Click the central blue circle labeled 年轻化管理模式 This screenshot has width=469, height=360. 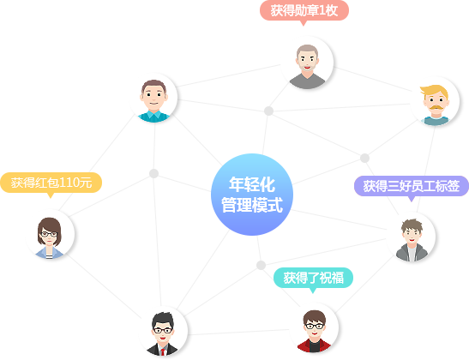tap(252, 195)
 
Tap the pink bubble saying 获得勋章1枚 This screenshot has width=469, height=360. tap(304, 11)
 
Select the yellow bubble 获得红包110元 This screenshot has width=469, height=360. tap(51, 183)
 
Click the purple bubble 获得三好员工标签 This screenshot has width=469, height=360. tap(412, 186)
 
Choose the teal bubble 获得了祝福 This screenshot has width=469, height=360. tap(313, 278)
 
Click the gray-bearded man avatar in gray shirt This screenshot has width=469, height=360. tap(307, 63)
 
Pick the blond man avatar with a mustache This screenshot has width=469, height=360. tap(435, 102)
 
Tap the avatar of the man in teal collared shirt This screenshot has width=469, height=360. tap(153, 98)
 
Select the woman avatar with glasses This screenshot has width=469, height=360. tap(50, 234)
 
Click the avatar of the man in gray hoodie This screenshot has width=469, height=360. tap(412, 237)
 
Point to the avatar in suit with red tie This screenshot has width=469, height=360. tap(162, 332)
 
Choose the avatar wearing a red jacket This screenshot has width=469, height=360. tap(314, 328)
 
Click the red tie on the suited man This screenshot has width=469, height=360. tap(162, 351)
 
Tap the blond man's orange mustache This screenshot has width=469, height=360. tap(436, 107)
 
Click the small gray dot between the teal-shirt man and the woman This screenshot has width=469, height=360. tap(153, 173)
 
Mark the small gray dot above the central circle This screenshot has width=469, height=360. tap(268, 111)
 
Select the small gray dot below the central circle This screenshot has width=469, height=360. tap(261, 265)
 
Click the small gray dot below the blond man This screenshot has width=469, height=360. tap(364, 158)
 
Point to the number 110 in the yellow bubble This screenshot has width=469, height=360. tap(68, 183)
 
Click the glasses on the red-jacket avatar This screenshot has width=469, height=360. tap(314, 327)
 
